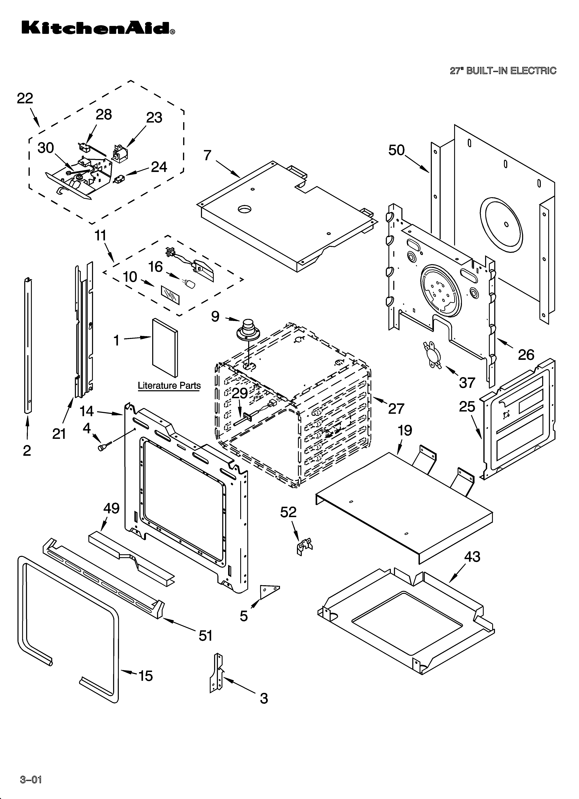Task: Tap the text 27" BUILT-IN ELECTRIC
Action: tap(503, 71)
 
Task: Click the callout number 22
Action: tap(25, 98)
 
